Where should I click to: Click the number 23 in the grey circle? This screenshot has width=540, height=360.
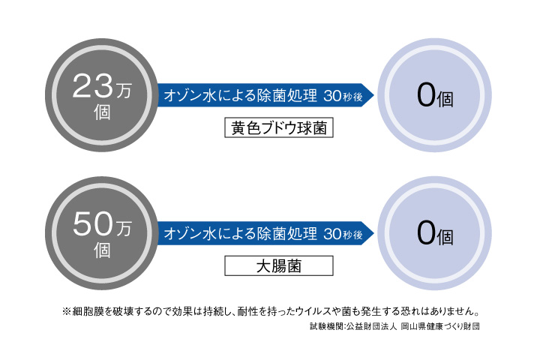click(x=92, y=86)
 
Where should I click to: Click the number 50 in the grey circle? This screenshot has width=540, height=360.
click(x=92, y=224)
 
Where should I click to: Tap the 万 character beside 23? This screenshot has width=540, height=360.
click(x=124, y=91)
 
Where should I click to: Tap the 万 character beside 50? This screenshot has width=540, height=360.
click(x=124, y=229)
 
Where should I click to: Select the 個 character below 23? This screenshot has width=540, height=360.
click(x=102, y=112)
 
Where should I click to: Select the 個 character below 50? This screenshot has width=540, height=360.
click(x=102, y=250)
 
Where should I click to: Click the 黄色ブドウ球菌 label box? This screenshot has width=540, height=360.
click(x=279, y=127)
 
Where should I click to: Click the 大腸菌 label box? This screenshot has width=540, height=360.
click(x=279, y=265)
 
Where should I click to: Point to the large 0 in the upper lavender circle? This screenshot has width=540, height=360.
click(x=426, y=95)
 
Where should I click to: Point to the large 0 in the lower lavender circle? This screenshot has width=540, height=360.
click(x=426, y=233)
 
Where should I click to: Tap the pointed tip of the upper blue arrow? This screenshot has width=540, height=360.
click(x=374, y=95)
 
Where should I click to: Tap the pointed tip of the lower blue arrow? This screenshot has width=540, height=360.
click(x=374, y=233)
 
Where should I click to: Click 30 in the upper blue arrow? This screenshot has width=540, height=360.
click(x=332, y=96)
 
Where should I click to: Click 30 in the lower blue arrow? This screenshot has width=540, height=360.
click(x=332, y=234)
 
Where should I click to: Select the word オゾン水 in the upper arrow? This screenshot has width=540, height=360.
click(x=190, y=95)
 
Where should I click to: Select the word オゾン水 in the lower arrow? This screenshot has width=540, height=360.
click(x=190, y=233)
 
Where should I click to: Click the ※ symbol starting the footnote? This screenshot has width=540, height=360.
click(x=67, y=312)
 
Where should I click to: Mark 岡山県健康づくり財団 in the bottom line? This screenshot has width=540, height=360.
click(x=440, y=326)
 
